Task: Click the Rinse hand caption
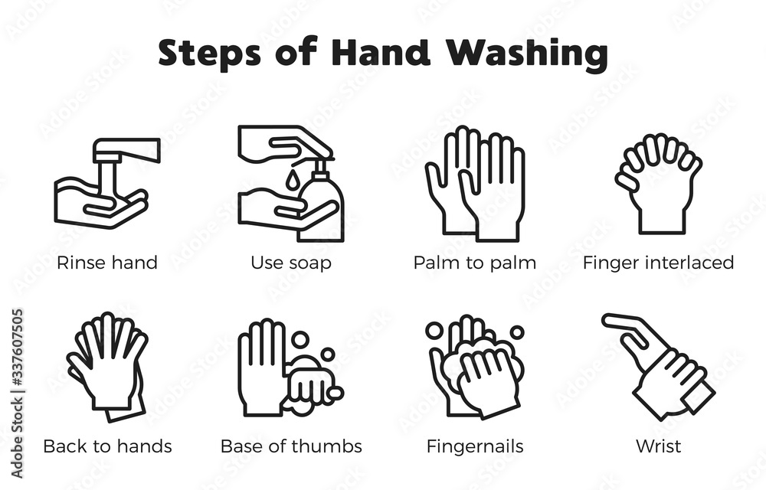point(107,263)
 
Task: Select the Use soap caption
point(291,263)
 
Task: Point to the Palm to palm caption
point(475,263)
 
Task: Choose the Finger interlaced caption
point(658,263)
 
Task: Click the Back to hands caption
point(107,446)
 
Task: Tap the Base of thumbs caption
point(291,446)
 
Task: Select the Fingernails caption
point(475,446)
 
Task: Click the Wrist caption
point(658,446)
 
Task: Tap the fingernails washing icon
point(475,367)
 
